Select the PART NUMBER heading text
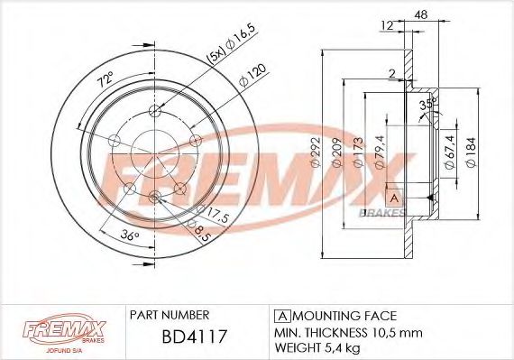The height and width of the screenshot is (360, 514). click(x=170, y=316)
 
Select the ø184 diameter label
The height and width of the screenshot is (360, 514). click(x=471, y=154)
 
